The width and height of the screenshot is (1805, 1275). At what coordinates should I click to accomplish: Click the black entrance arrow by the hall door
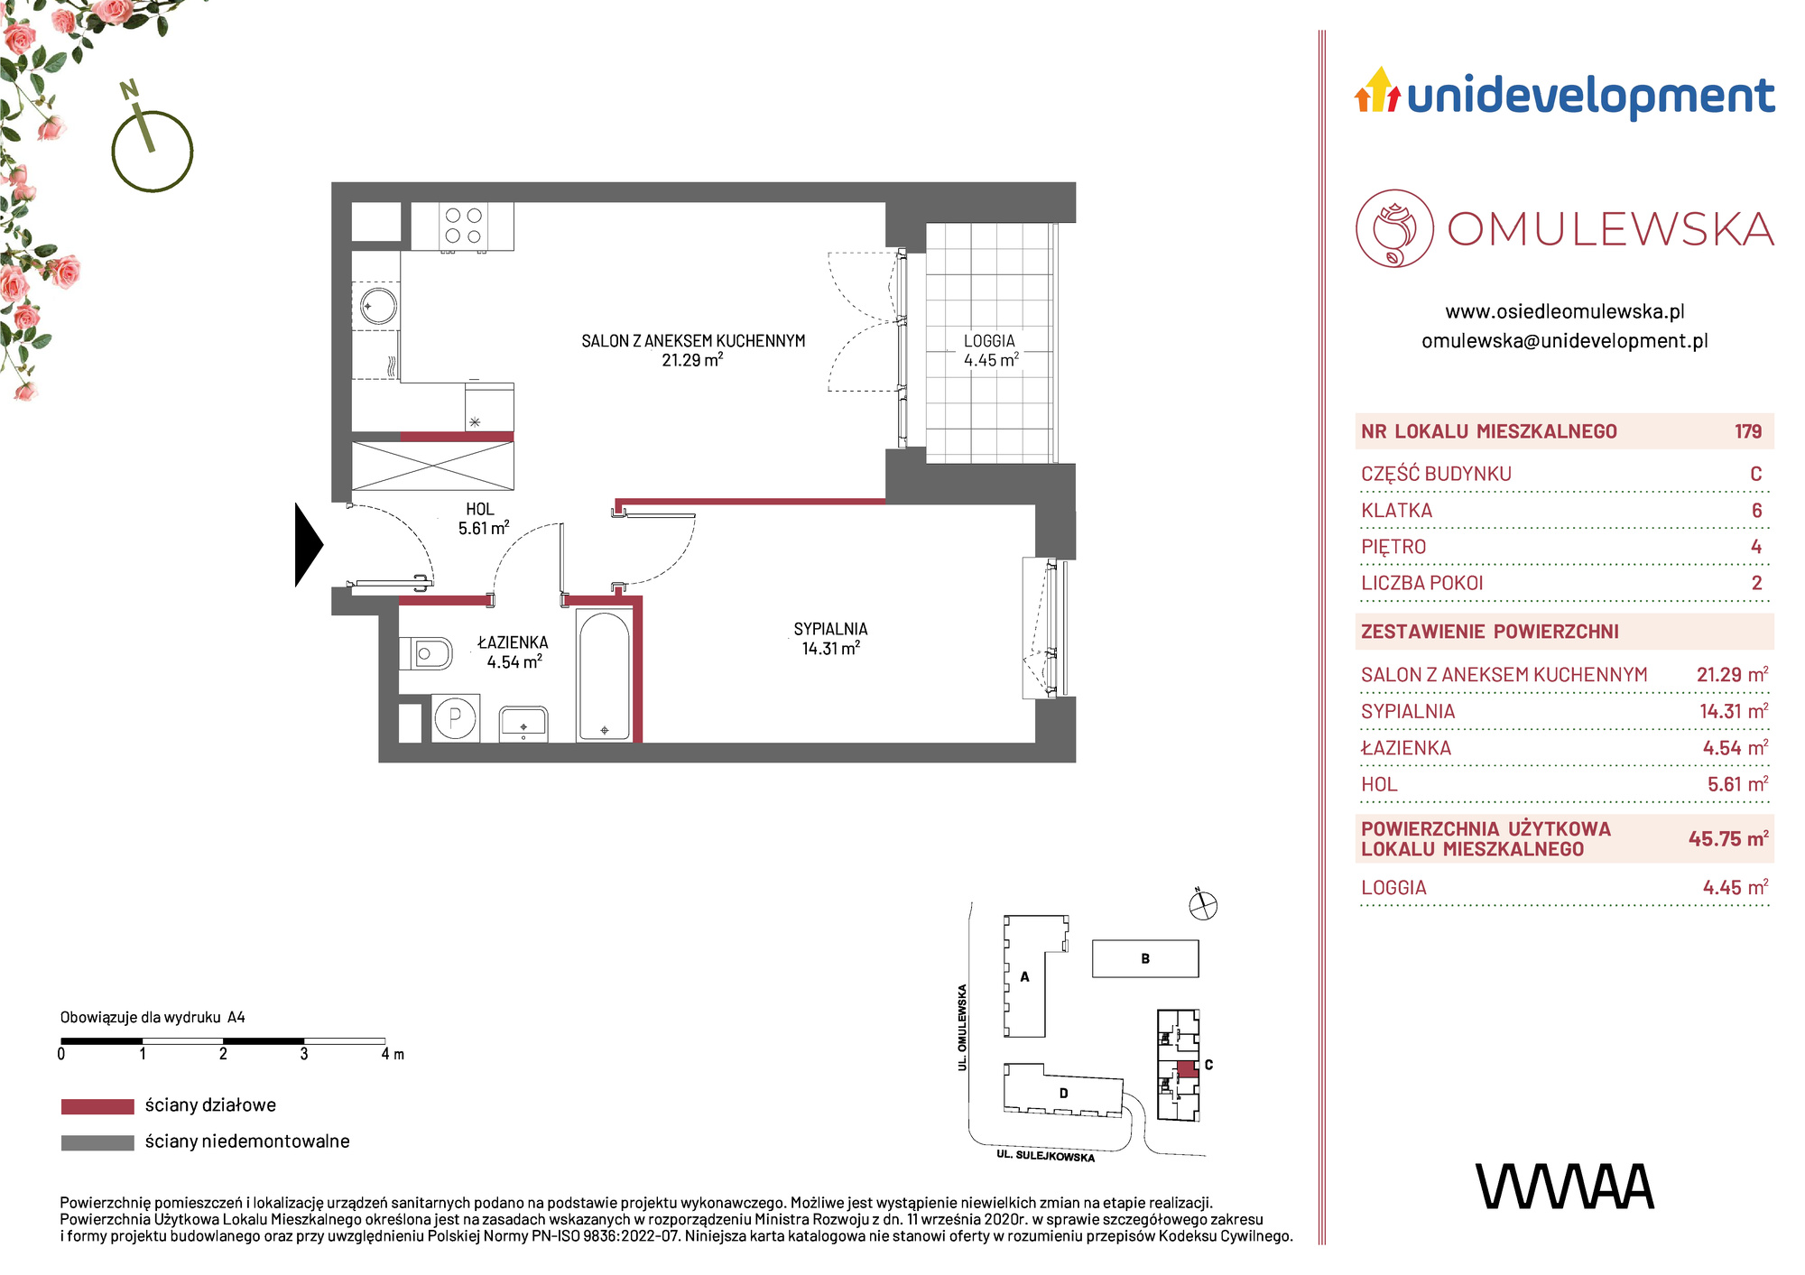309,544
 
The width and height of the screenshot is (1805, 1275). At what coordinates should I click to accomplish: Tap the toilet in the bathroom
425,652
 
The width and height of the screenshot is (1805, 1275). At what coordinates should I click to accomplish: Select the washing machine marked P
455,718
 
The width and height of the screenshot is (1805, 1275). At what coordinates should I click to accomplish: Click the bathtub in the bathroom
605,676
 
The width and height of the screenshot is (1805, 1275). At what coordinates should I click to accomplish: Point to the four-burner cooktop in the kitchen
463,226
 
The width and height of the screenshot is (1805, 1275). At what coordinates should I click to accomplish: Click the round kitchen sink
377,305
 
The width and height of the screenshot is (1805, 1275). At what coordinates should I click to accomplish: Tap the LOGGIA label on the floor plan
990,341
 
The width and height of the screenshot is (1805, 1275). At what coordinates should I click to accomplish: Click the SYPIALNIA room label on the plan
830,629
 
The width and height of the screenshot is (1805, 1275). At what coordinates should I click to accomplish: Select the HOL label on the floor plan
480,510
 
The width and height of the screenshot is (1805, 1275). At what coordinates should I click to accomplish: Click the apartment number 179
1748,431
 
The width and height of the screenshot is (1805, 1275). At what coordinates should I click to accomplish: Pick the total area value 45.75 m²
1728,838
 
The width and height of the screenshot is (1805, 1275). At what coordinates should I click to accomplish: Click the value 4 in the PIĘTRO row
1756,547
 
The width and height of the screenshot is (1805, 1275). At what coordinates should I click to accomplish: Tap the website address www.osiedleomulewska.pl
1565,312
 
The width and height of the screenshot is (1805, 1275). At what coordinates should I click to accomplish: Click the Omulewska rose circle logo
1395,228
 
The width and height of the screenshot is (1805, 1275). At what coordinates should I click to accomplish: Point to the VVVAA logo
1564,1187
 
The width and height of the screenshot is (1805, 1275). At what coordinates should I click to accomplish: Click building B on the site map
1145,958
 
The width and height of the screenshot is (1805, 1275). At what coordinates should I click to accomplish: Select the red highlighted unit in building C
1187,1069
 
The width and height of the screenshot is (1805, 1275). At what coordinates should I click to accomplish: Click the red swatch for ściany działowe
97,1106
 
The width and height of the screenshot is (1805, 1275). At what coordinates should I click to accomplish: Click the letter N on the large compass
129,89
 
